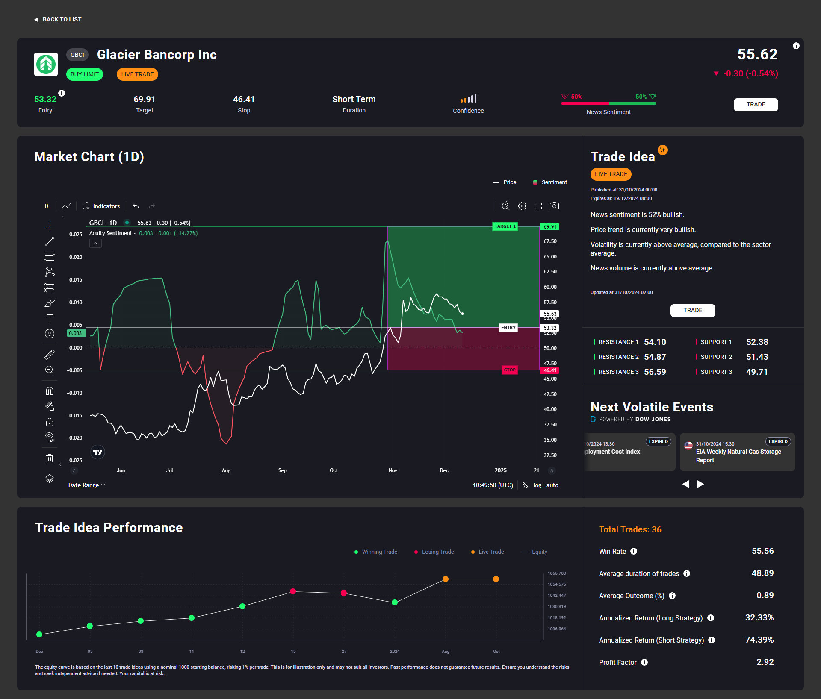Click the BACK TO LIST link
[58, 19]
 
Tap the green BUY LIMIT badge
[85, 74]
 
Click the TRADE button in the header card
[756, 104]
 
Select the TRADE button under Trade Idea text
[693, 310]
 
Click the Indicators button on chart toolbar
[102, 206]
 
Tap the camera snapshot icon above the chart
[554, 206]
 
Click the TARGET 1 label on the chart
[505, 226]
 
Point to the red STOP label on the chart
[510, 370]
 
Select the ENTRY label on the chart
[508, 328]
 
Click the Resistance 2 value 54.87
[655, 357]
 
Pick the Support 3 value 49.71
[757, 372]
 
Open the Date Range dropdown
[86, 485]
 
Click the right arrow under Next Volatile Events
[700, 484]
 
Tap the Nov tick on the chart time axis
[393, 470]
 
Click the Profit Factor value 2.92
[765, 662]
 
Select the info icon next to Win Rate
[634, 551]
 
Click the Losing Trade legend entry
[434, 552]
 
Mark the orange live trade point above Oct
[496, 579]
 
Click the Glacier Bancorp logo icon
[46, 64]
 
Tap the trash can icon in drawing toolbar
[50, 458]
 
